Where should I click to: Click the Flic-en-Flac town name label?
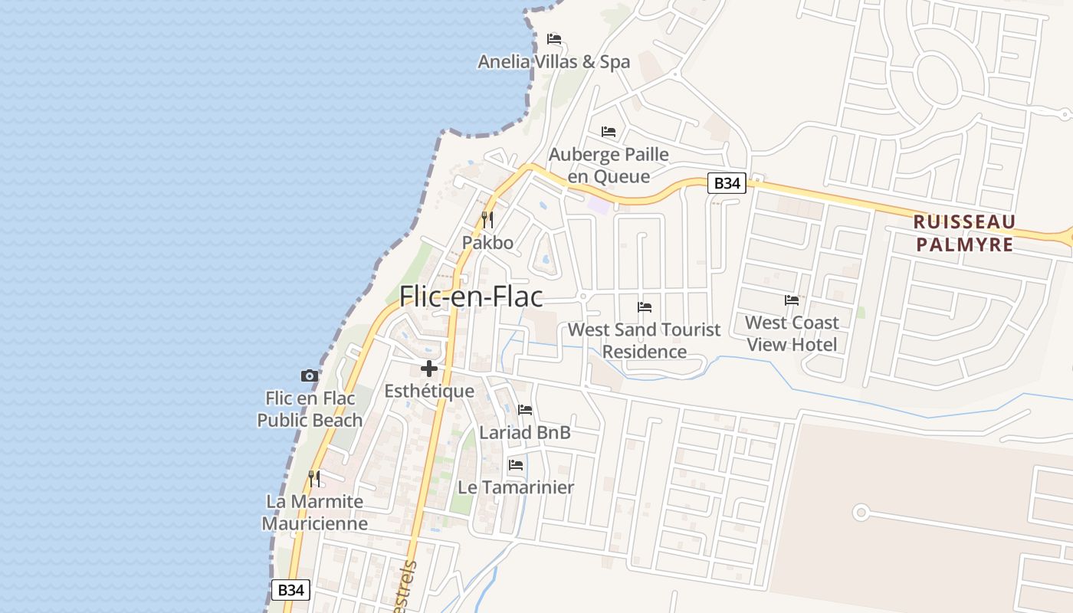tap(471, 297)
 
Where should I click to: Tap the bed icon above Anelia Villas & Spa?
tap(554, 39)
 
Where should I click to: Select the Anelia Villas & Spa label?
tap(553, 62)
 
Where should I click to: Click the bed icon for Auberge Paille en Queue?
tap(609, 132)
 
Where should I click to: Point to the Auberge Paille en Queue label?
tap(609, 166)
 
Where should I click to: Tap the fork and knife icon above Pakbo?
tap(487, 220)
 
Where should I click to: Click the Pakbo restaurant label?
tap(487, 243)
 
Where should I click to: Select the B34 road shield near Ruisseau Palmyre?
tap(726, 183)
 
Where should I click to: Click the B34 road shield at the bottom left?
tap(291, 590)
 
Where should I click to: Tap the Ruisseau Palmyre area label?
tap(964, 233)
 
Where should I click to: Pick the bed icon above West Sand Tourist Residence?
tap(645, 307)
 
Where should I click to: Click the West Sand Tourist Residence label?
tap(644, 340)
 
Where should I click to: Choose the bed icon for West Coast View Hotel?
tap(792, 300)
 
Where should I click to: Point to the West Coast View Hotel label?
tap(792, 333)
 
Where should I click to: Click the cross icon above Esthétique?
tap(429, 369)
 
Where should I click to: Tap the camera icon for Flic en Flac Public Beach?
tap(310, 375)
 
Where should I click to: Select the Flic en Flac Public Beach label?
tap(310, 409)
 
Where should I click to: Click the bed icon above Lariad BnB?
tap(525, 410)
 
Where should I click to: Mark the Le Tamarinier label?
tap(516, 487)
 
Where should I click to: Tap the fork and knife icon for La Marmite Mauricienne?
tap(314, 479)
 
